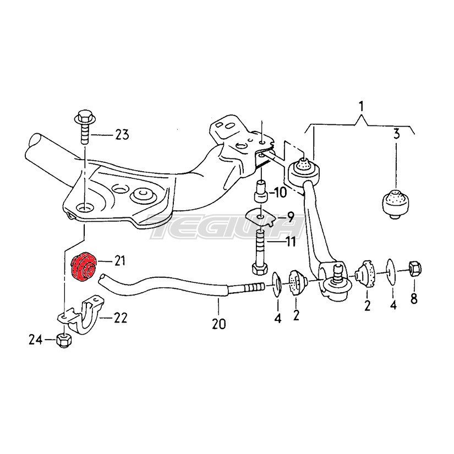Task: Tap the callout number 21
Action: [x=119, y=261]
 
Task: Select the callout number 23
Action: [x=122, y=135]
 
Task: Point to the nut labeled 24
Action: [x=63, y=340]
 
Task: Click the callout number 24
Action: [x=36, y=340]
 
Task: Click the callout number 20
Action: [x=218, y=324]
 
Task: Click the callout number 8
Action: [x=414, y=298]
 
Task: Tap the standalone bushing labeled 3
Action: [x=396, y=204]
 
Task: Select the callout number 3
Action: [x=396, y=134]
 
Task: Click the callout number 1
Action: [x=361, y=107]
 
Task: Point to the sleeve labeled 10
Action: [x=261, y=192]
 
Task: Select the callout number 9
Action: [x=290, y=216]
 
